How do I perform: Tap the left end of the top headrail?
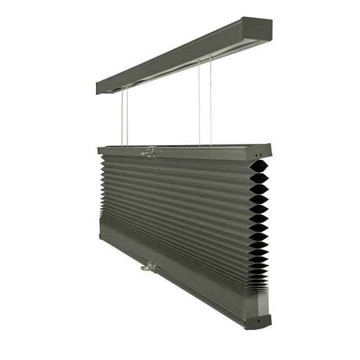pos(99,87)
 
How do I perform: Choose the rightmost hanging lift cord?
pos(211,100)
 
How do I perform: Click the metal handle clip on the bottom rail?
pos(149,267)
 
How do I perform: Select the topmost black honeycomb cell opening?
pos(259,166)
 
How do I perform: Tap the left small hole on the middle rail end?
pos(256,154)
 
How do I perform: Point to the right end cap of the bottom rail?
pos(258,321)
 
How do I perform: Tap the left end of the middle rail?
pos(100,150)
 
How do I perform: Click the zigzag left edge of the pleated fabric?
pos(102,187)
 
